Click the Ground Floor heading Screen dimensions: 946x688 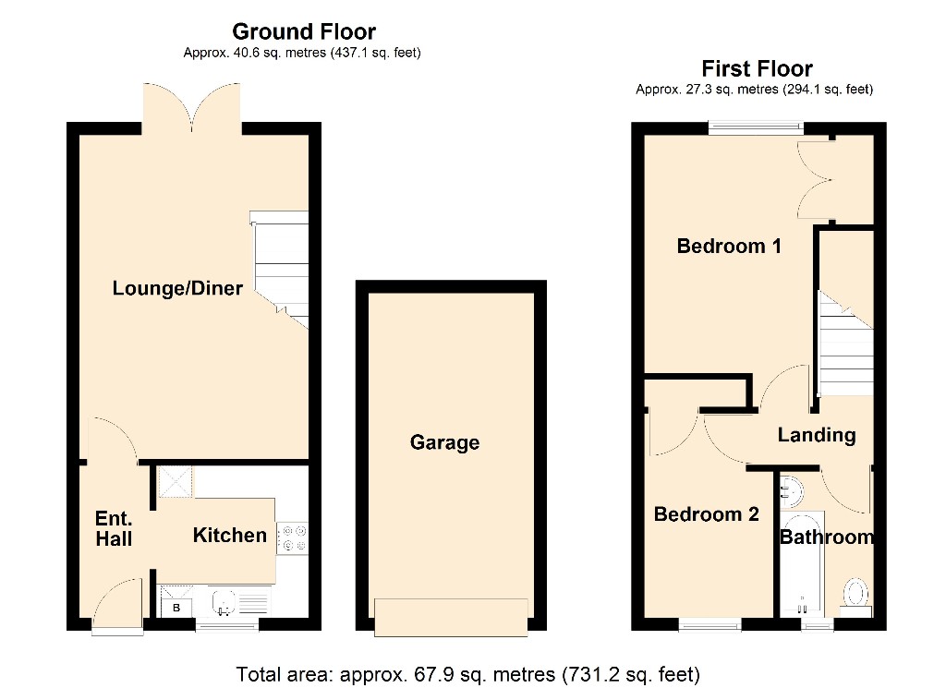304,31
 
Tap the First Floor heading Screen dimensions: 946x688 757,68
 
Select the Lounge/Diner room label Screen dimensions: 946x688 177,288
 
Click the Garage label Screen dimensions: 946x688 444,442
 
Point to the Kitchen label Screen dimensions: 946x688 230,535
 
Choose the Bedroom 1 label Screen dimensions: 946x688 729,246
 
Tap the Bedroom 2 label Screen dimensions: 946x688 707,514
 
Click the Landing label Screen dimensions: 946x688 817,435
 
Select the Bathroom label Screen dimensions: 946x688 827,537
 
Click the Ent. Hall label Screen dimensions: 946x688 114,528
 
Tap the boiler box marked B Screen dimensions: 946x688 176,608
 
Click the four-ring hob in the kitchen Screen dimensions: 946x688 293,538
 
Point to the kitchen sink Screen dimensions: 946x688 224,602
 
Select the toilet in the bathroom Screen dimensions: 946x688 855,595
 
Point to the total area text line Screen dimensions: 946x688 467,674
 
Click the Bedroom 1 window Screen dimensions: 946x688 756,127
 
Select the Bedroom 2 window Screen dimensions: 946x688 710,625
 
